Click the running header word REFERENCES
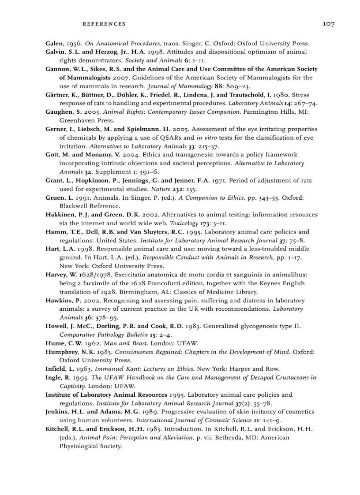(104, 24)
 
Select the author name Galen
(55, 43)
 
